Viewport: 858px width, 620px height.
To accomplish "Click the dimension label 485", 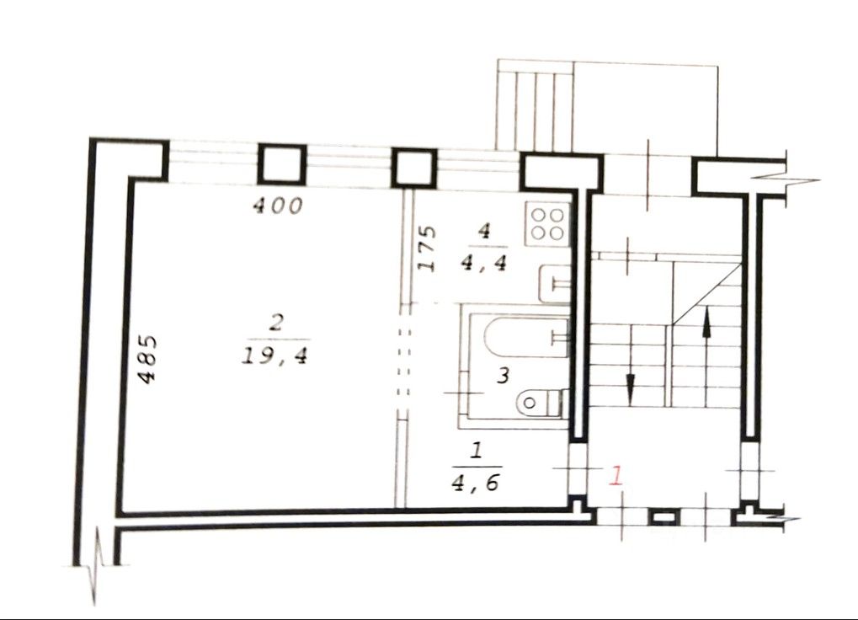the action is [147, 360].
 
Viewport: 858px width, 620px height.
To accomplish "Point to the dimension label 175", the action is [427, 248].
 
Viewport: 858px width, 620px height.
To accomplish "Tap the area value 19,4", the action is [275, 355].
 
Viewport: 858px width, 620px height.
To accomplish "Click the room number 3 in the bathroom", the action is [502, 376].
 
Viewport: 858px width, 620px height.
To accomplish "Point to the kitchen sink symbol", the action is [554, 282].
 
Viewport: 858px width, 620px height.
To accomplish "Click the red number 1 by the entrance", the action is [616, 476].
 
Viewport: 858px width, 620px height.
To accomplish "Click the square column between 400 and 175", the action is [413, 167].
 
